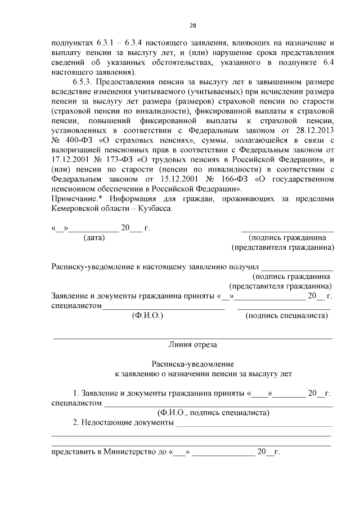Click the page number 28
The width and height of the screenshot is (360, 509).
(192, 26)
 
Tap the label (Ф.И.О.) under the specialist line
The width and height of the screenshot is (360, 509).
(147, 316)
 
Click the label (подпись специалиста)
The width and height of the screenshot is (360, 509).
(287, 316)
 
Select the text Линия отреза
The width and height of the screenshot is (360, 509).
(192, 344)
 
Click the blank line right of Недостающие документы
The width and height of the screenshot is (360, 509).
(254, 426)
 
